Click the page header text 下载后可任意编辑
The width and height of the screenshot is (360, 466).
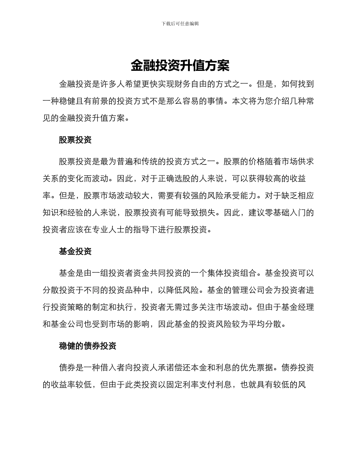[180, 23]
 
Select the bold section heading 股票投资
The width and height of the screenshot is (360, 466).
[75, 140]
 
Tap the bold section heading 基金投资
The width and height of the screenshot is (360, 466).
[75, 252]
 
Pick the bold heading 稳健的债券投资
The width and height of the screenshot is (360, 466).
[88, 346]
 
